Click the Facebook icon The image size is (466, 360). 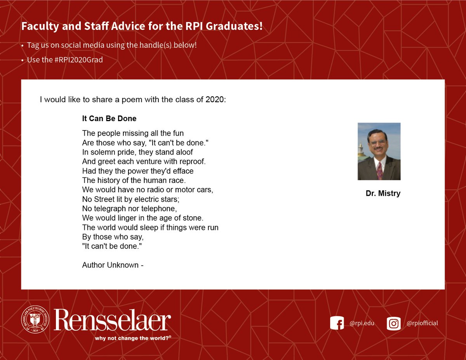coord(337,323)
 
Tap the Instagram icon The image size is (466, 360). coord(393,323)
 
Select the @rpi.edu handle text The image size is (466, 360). coord(362,323)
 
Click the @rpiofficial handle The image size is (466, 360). coord(422,323)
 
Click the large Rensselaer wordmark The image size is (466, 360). coord(113,320)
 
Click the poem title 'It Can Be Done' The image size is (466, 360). coord(109,118)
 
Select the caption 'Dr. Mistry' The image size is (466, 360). coord(383,193)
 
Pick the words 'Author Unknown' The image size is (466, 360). coord(110,265)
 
